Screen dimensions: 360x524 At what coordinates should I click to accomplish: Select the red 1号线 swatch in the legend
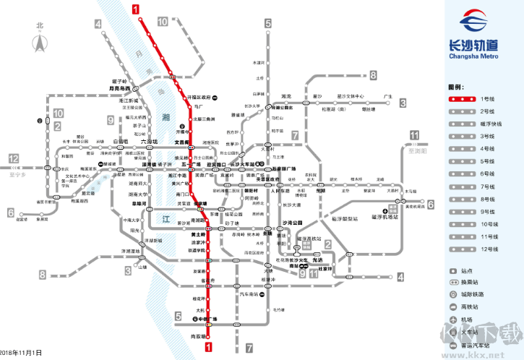click(463, 98)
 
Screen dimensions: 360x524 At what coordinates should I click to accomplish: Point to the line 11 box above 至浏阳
click(413, 135)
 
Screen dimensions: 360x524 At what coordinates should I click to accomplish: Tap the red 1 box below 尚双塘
click(209, 348)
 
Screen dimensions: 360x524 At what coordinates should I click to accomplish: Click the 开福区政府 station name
click(199, 97)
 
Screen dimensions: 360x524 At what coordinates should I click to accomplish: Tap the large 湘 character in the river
click(167, 116)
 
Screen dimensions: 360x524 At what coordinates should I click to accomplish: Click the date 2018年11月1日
click(21, 352)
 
